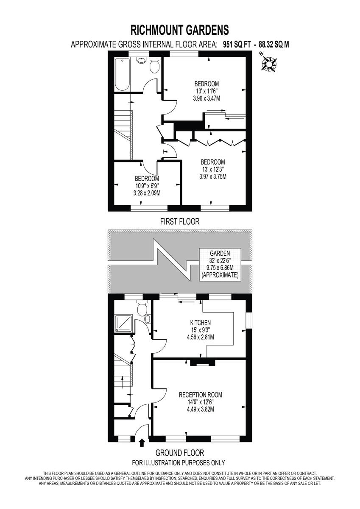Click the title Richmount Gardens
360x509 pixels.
coord(180,30)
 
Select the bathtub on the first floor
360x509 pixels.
coord(122,74)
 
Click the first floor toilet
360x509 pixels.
coord(154,66)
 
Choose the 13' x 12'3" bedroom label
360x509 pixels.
coord(213,169)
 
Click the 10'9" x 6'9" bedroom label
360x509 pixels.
coord(147,185)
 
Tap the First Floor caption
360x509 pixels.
coord(179,221)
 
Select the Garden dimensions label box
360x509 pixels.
coord(220,264)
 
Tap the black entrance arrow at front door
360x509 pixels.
coord(142,443)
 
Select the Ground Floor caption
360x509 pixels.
coord(179,453)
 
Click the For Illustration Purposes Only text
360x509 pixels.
coord(179,463)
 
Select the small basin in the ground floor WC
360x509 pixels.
coord(147,319)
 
